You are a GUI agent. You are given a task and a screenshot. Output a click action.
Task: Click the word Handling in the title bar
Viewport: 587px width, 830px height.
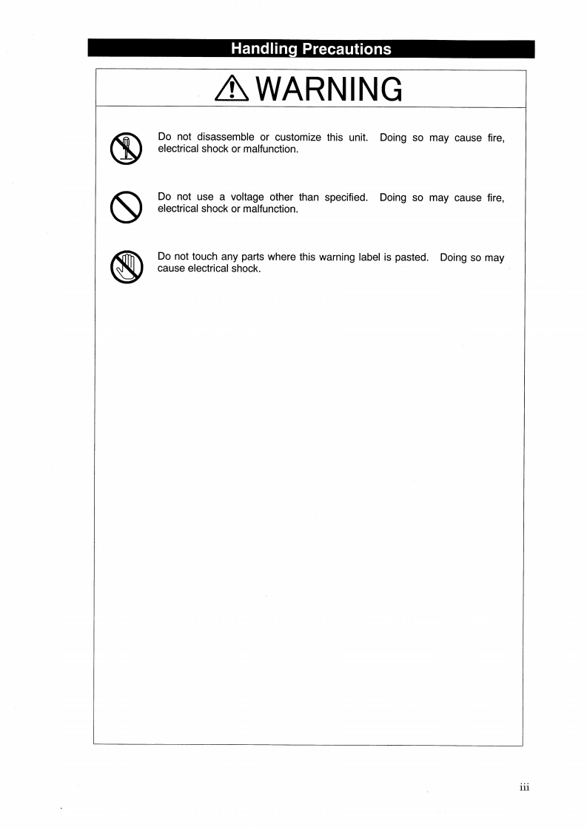pos(260,49)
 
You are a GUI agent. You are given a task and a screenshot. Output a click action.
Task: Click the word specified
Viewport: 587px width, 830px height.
pos(346,197)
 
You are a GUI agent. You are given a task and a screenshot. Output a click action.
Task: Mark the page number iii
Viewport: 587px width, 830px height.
pos(524,786)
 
